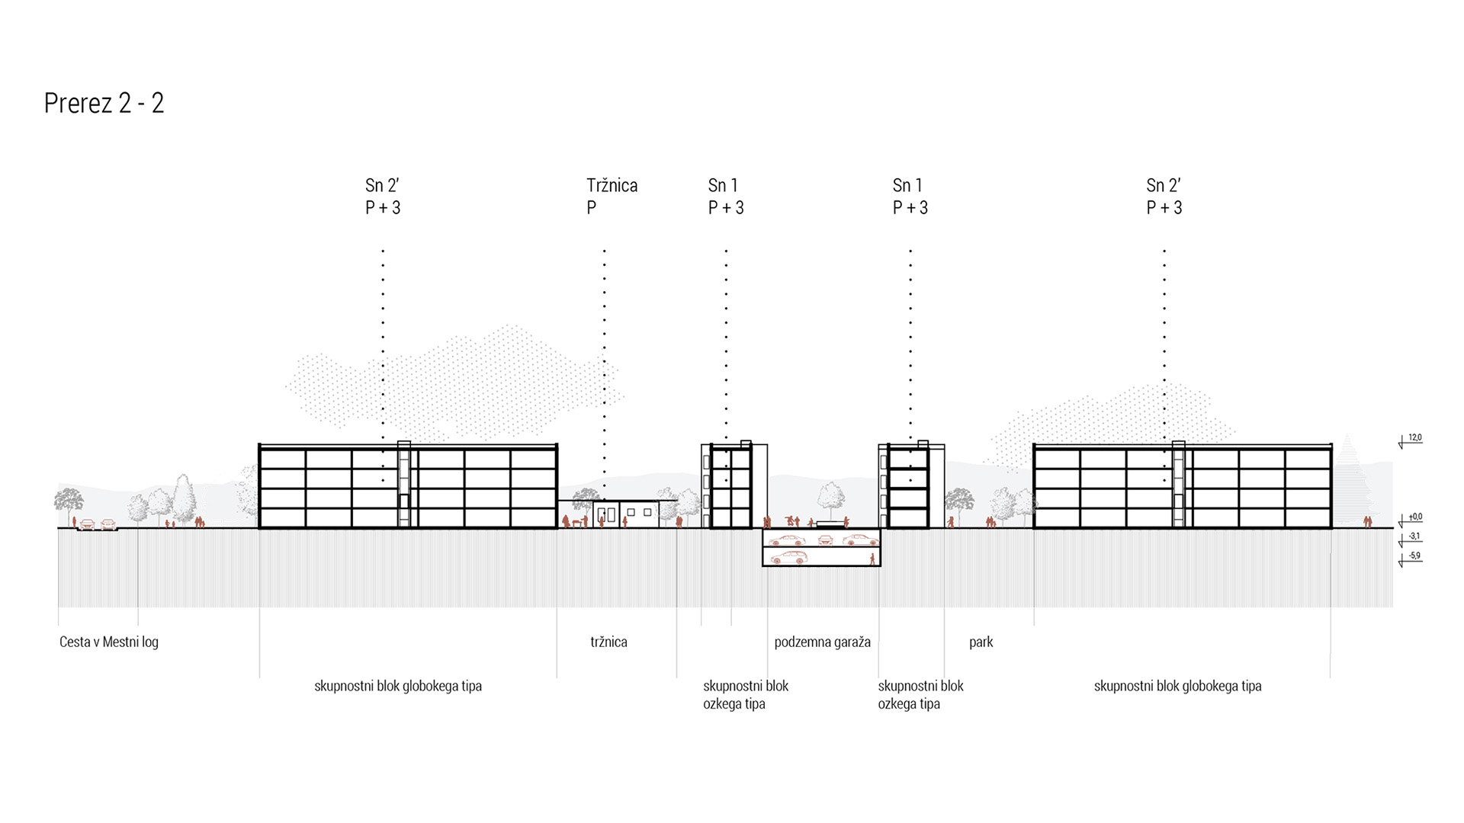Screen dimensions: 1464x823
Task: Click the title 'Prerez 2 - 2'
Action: [x=104, y=103]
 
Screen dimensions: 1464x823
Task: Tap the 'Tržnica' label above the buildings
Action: [x=612, y=185]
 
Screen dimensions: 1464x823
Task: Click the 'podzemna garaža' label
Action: [x=822, y=642]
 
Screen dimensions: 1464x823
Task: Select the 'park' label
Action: [x=981, y=642]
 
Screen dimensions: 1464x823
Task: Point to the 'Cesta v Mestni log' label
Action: [x=109, y=642]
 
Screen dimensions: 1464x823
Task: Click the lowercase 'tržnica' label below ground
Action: [x=608, y=642]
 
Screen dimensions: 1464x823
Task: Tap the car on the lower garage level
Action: [x=789, y=558]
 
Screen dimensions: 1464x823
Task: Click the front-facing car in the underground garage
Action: [x=824, y=540]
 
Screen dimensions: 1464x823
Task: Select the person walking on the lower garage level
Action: [x=872, y=559]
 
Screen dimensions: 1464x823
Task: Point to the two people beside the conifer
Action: [x=1367, y=522]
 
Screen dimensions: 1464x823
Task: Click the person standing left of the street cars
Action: [x=75, y=522]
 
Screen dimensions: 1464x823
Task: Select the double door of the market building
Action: [x=606, y=514]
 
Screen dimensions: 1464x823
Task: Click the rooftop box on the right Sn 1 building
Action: [x=923, y=444]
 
